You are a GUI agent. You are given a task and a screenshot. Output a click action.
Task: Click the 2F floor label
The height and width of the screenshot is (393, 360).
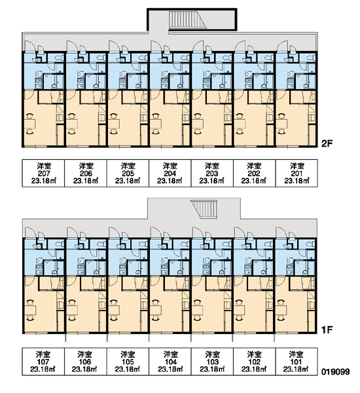click(327, 143)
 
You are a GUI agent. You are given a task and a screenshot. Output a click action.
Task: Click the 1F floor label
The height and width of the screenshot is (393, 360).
click(327, 330)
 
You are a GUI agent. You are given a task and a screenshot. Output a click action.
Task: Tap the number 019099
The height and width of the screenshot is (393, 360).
click(335, 371)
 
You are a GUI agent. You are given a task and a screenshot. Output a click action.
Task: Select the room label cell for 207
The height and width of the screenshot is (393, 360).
click(44, 173)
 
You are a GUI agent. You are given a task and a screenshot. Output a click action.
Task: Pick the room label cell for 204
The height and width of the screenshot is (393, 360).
click(170, 173)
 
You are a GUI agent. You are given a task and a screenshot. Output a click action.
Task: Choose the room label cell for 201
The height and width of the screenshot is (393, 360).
click(297, 173)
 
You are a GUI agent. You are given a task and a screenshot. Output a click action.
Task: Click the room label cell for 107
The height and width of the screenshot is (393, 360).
click(43, 362)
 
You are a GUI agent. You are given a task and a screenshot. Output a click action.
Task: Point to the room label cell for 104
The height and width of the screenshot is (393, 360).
click(170, 362)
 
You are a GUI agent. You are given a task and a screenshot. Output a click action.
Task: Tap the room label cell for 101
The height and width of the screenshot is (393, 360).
click(297, 362)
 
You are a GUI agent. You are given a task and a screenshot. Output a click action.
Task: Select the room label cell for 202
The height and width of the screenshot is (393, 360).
click(255, 173)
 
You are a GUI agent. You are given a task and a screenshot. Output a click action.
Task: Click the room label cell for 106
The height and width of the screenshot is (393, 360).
click(86, 362)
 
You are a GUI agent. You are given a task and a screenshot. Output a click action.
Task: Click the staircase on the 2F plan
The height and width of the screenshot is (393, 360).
click(187, 19)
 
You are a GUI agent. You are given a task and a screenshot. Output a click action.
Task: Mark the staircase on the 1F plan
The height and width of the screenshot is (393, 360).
click(205, 209)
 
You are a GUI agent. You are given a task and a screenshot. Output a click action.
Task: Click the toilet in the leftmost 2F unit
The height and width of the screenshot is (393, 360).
click(60, 58)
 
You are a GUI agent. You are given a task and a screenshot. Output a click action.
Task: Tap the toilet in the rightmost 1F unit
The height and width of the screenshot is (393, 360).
click(311, 244)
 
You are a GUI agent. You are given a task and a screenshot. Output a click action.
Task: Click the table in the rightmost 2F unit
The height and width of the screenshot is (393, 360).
click(281, 124)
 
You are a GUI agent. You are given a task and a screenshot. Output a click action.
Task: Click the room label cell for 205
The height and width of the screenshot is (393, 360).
click(128, 173)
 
